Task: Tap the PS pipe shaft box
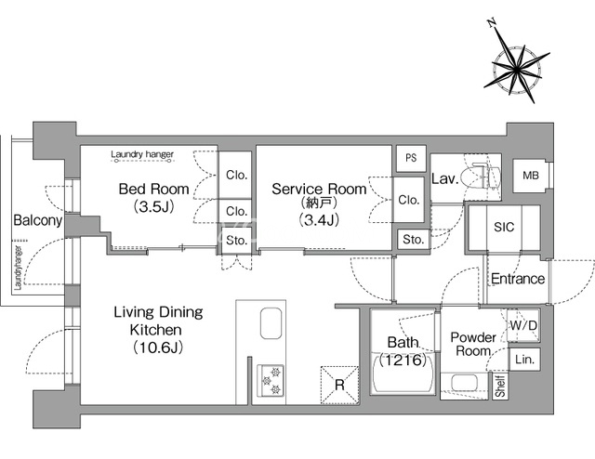411,158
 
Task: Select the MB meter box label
530,176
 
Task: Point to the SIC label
504,227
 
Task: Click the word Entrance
518,279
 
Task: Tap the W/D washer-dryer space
523,325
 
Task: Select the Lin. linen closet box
524,359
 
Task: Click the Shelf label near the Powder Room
500,387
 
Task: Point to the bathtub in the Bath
403,374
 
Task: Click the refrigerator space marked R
339,385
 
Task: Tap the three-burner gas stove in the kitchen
271,380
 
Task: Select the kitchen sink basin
271,323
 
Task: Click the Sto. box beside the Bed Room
236,240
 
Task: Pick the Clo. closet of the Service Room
408,200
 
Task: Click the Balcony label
37,220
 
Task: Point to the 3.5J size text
153,207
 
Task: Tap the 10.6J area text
158,347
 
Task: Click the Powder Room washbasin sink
464,384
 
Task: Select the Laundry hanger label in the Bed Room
142,154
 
